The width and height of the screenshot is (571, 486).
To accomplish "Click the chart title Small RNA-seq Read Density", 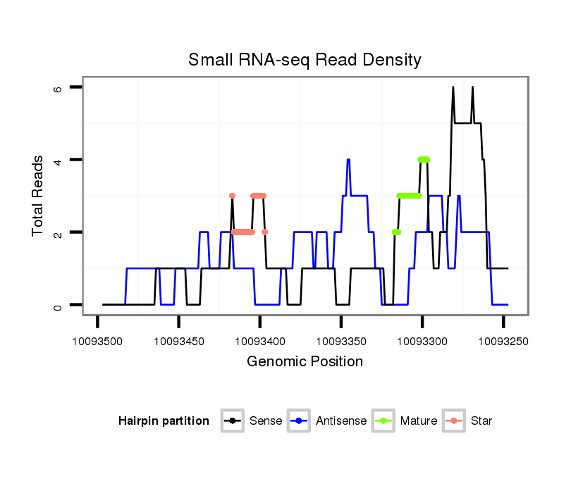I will pyautogui.click(x=305, y=60).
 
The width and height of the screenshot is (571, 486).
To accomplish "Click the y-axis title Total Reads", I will pyautogui.click(x=38, y=196).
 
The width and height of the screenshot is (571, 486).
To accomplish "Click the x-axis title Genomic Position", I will pyautogui.click(x=305, y=362).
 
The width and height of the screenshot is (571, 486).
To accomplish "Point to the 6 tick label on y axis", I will pyautogui.click(x=59, y=88).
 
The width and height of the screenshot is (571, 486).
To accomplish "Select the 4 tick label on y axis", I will pyautogui.click(x=59, y=160).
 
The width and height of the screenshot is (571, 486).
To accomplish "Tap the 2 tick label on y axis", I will pyautogui.click(x=59, y=232).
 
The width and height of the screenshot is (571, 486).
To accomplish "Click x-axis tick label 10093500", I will pyautogui.click(x=97, y=341).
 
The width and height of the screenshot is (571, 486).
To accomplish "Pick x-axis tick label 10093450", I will pyautogui.click(x=178, y=341).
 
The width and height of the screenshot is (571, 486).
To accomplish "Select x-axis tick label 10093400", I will pyautogui.click(x=259, y=341).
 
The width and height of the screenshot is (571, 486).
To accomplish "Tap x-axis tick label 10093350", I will pyautogui.click(x=341, y=341).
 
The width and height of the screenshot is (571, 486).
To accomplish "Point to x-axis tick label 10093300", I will pyautogui.click(x=422, y=341).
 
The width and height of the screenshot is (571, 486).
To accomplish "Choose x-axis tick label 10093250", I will pyautogui.click(x=503, y=341).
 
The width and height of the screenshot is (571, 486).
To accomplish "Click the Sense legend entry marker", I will pyautogui.click(x=232, y=421).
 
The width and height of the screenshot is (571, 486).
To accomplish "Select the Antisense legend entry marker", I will pyautogui.click(x=299, y=421).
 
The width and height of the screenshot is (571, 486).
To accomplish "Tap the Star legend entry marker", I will pyautogui.click(x=453, y=421).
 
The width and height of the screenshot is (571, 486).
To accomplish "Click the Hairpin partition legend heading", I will pyautogui.click(x=164, y=421).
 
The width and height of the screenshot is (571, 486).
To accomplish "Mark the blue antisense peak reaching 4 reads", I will pyautogui.click(x=348, y=160).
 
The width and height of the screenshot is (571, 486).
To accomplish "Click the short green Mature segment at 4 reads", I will pyautogui.click(x=423, y=159).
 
